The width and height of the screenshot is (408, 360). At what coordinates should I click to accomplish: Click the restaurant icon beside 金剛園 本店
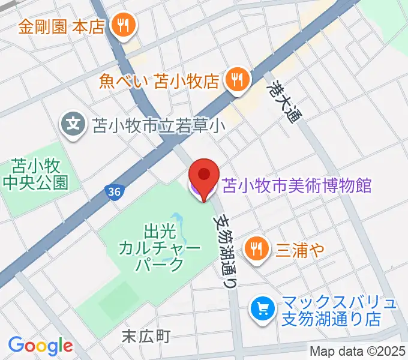tap(125, 25)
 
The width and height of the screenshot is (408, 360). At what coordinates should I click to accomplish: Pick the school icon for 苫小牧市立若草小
tap(74, 125)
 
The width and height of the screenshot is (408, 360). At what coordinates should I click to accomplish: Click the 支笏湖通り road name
tap(226, 251)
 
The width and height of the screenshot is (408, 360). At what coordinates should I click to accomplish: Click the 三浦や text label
tap(299, 247)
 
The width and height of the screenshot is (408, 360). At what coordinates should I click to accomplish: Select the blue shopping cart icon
tap(262, 310)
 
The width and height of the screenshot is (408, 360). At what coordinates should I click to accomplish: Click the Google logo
tap(40, 346)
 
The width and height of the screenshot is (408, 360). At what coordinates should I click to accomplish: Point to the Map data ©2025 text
tap(357, 351)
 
